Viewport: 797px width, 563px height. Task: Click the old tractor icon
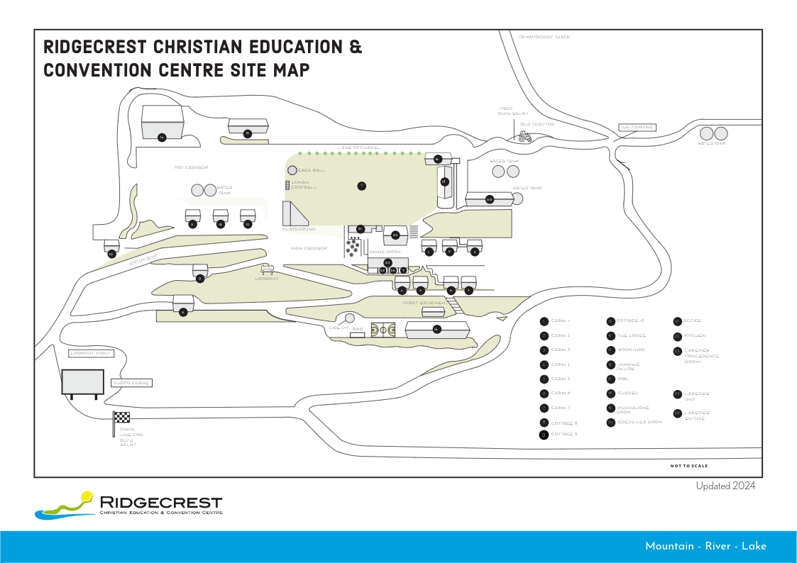[x=525, y=137]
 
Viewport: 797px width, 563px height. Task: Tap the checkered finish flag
[x=121, y=418]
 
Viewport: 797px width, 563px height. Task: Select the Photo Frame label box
[x=132, y=383]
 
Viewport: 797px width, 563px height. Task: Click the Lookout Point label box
[x=92, y=353]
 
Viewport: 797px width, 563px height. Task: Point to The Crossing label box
[x=636, y=128]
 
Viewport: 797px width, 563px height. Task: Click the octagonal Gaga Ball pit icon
[x=292, y=170]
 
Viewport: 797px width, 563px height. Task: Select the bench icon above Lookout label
[x=268, y=269]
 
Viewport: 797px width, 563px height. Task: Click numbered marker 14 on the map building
[x=162, y=137]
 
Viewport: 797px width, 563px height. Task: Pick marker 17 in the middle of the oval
[x=361, y=186]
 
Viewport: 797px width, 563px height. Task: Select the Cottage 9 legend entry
[x=559, y=434]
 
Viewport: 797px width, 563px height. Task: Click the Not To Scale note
[x=688, y=466]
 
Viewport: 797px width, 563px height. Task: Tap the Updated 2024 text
[x=725, y=486]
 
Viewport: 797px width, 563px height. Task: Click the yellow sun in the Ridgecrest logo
[x=87, y=496]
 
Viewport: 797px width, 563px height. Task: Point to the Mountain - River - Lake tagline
[x=705, y=546]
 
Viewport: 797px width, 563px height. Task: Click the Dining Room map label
[x=385, y=252]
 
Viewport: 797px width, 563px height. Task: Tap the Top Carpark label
[x=192, y=167]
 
